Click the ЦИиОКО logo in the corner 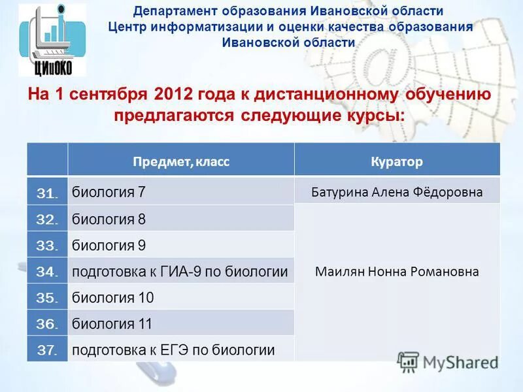(x=52, y=40)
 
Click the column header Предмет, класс (x=181, y=161)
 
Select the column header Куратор (x=397, y=161)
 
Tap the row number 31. (x=48, y=193)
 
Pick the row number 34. (x=48, y=271)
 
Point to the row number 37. (x=48, y=350)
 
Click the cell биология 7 (x=109, y=192)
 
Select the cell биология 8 (x=109, y=220)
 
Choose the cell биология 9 (x=109, y=246)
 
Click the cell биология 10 (x=112, y=298)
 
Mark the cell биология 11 (x=112, y=324)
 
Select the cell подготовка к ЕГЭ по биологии (x=173, y=350)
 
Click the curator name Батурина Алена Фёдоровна (x=397, y=192)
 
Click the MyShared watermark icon (x=409, y=361)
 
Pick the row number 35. (x=48, y=298)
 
